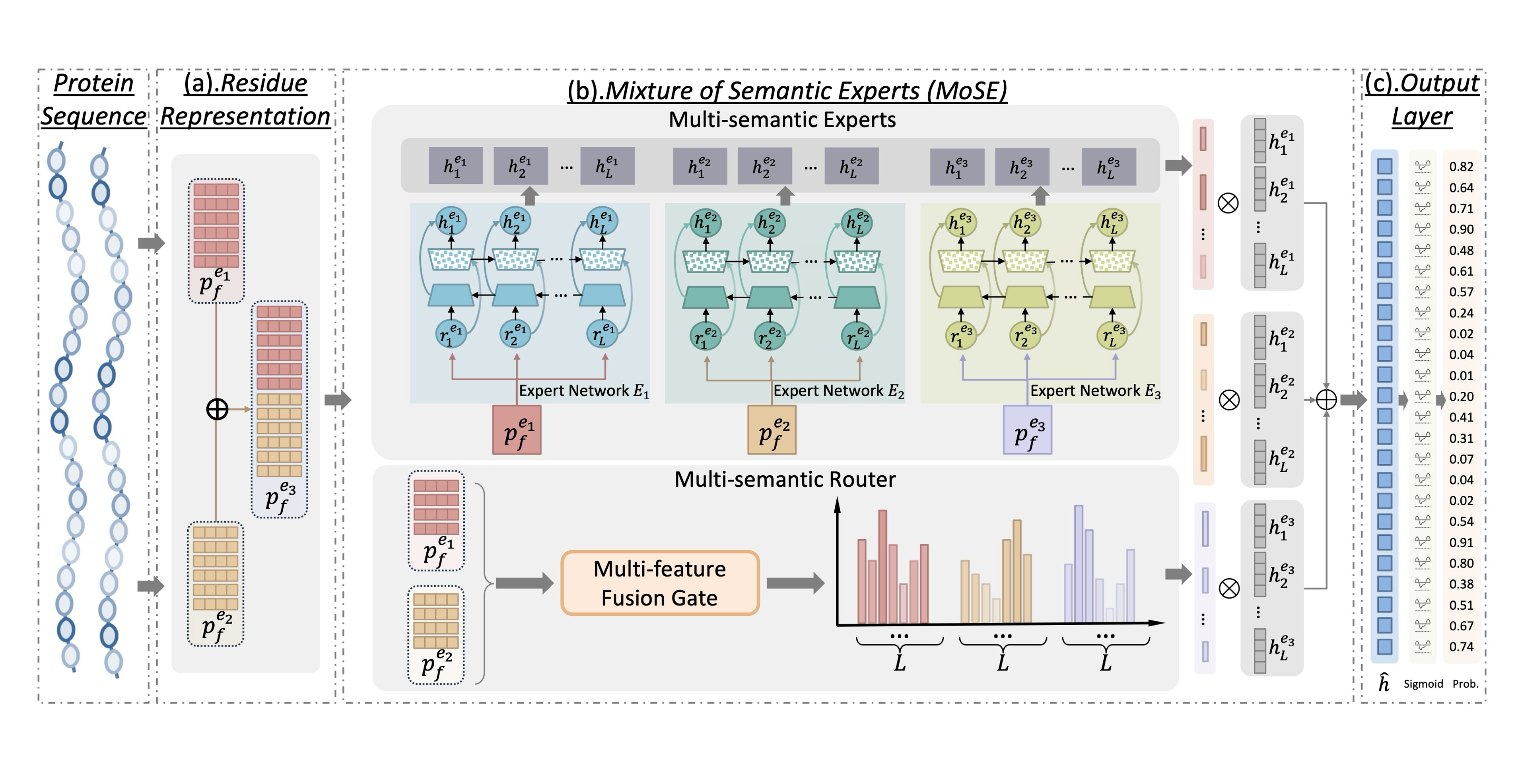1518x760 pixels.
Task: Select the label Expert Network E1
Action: click(583, 391)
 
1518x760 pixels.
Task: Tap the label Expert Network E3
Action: click(1095, 391)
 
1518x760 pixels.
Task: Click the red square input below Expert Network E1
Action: click(517, 430)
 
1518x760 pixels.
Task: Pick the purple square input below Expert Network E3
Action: click(1027, 430)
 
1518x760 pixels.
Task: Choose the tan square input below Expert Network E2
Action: click(772, 430)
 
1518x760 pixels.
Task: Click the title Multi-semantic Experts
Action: click(782, 120)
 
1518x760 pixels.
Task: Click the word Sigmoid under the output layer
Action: click(1423, 684)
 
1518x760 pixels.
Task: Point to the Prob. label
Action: click(1465, 684)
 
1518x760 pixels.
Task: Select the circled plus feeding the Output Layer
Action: click(1326, 400)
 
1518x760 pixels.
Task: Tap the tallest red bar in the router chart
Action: click(882, 566)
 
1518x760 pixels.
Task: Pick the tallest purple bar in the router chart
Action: click(1079, 563)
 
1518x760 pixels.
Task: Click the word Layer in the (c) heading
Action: click(1421, 116)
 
